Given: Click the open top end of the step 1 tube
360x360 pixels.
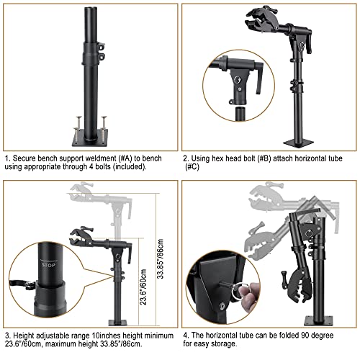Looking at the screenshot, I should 91,9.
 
